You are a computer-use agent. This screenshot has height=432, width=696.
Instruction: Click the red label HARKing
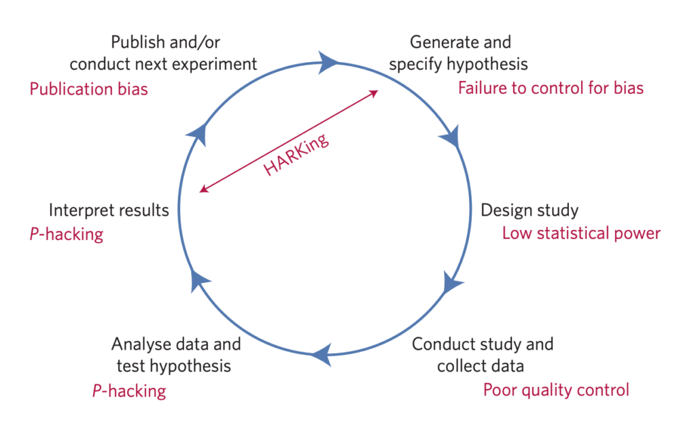pos(296,154)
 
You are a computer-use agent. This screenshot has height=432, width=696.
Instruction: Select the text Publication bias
pos(88,88)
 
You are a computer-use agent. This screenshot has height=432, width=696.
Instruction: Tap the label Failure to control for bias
pos(551,88)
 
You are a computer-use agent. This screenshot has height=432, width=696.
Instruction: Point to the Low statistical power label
pos(581,233)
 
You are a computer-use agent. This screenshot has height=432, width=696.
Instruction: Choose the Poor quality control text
pos(556,390)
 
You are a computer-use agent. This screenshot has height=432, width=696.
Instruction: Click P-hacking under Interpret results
pos(67,235)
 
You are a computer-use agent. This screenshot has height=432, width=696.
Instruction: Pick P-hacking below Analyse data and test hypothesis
pos(128,391)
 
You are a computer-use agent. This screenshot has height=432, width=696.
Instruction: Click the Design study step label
pos(529,210)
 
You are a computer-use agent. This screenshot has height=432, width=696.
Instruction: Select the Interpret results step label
pos(109,210)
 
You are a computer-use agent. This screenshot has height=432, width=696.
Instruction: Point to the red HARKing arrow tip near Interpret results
pos(202,190)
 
